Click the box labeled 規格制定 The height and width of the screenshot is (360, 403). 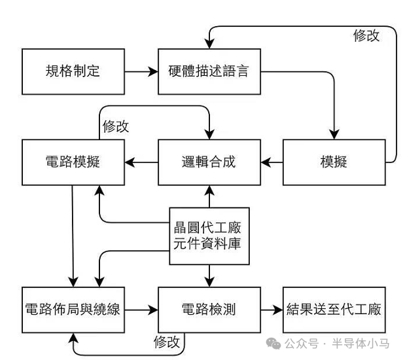73,71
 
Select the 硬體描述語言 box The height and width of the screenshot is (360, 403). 209,71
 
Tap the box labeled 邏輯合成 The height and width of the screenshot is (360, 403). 209,162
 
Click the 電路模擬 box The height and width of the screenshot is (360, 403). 73,162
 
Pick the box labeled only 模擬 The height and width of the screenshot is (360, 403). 334,162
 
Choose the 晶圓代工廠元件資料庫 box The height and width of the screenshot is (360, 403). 209,236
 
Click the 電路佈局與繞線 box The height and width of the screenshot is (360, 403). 73,310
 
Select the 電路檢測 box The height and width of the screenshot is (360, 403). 209,310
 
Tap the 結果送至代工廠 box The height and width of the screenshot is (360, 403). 334,310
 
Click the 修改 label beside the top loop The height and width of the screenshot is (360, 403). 366,35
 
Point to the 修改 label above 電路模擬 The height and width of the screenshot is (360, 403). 116,126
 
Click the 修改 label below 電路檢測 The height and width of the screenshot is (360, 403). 167,342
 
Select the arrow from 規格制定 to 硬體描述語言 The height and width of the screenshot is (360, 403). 141,71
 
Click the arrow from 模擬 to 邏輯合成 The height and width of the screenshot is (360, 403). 272,162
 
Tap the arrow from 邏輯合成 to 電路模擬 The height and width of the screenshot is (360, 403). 141,162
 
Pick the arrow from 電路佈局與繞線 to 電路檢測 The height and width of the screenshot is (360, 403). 141,310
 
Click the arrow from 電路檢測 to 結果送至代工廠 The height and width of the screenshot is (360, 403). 272,310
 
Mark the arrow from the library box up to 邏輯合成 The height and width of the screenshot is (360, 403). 209,196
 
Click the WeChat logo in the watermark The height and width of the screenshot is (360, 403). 273,344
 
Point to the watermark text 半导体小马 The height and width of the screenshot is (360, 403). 360,344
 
